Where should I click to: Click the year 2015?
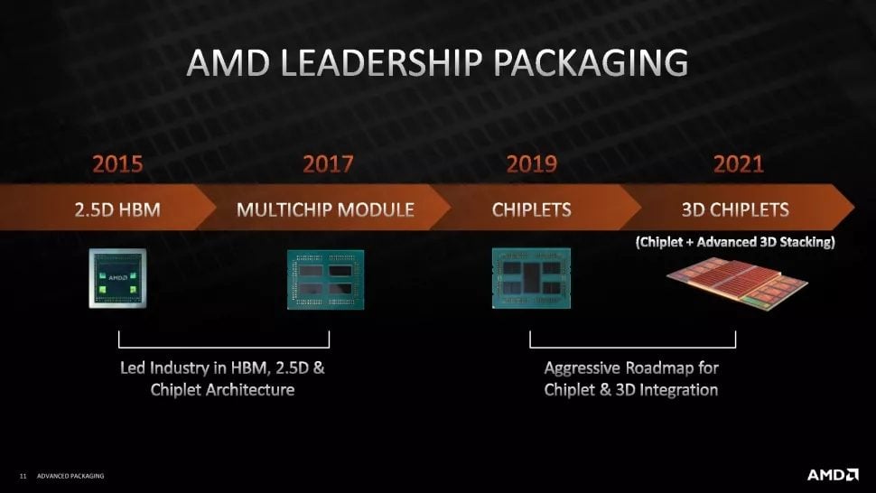pyautogui.click(x=117, y=163)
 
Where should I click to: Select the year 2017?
pyautogui.click(x=328, y=163)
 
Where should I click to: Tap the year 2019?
pyautogui.click(x=531, y=163)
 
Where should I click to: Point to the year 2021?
pyautogui.click(x=738, y=163)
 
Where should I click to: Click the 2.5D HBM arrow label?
pyautogui.click(x=117, y=209)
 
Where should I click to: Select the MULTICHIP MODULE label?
pyautogui.click(x=325, y=209)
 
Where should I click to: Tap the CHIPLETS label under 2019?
pyautogui.click(x=531, y=209)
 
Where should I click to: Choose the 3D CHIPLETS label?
pyautogui.click(x=735, y=209)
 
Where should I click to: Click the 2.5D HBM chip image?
pyautogui.click(x=117, y=278)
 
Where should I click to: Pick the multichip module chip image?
pyautogui.click(x=326, y=279)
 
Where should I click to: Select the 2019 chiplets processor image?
pyautogui.click(x=531, y=278)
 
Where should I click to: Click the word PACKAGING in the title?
pyautogui.click(x=591, y=62)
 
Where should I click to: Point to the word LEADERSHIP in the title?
pyautogui.click(x=380, y=62)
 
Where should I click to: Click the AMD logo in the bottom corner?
pyautogui.click(x=833, y=475)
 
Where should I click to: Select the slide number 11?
pyautogui.click(x=23, y=476)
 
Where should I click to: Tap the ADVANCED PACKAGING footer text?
pyautogui.click(x=70, y=476)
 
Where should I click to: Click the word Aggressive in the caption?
pyautogui.click(x=582, y=367)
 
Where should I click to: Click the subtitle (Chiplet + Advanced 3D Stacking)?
pyautogui.click(x=735, y=242)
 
